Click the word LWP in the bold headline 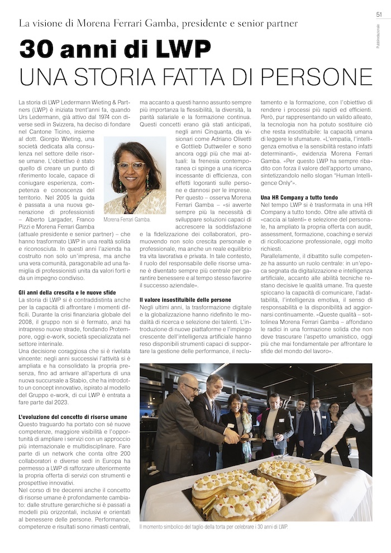[x=180, y=50]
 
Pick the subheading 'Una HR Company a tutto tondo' [x=299, y=197]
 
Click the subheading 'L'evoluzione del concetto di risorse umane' [x=73, y=417]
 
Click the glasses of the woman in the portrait [x=131, y=166]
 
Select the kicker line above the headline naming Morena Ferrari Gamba [x=159, y=23]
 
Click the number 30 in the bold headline [x=39, y=50]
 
